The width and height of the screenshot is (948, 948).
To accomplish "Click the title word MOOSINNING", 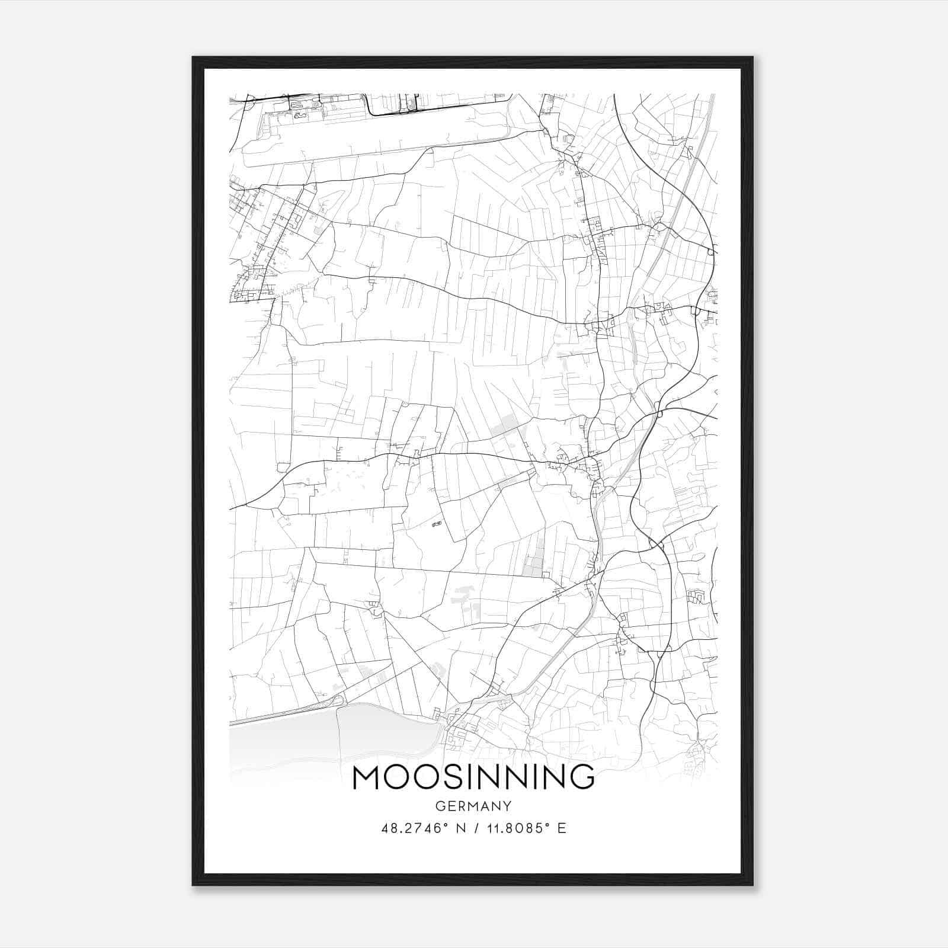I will [473, 777].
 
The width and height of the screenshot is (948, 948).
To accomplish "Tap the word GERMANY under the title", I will [473, 806].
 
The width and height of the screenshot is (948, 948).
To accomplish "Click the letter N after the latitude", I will [457, 828].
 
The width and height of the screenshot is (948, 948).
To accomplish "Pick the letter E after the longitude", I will [562, 828].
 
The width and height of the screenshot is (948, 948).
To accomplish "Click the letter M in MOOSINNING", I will [367, 777].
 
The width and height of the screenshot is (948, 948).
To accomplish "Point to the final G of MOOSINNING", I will [581, 777].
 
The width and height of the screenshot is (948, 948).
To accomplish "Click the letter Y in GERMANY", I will [507, 806].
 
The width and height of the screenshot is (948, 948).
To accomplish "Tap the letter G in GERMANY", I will [440, 806].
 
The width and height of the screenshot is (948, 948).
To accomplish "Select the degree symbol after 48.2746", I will [445, 825].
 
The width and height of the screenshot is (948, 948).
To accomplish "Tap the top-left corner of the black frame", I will [193, 57].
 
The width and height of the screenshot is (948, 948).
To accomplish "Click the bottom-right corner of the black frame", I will [752, 885].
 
